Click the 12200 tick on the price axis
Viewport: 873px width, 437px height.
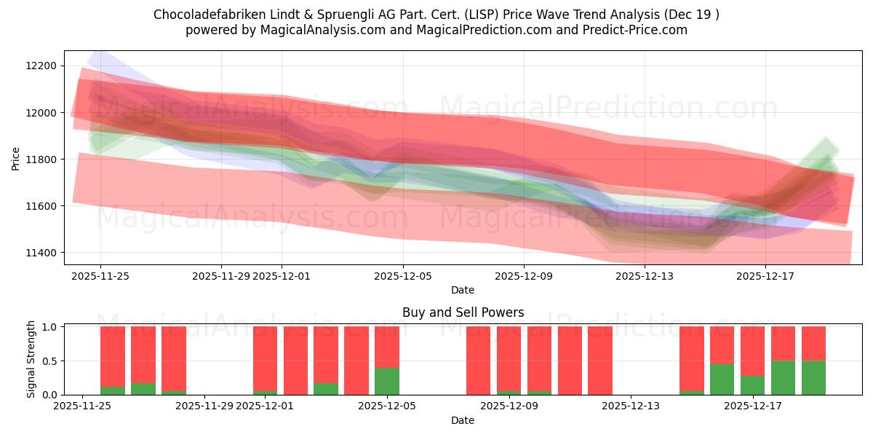(x=41, y=66)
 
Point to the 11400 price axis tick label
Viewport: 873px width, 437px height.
(x=41, y=253)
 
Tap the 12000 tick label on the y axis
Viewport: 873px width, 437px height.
(x=41, y=113)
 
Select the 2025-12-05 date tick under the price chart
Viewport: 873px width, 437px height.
(x=403, y=276)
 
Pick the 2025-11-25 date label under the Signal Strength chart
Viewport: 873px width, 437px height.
(x=82, y=406)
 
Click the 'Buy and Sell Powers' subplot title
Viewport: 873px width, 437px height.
(x=463, y=312)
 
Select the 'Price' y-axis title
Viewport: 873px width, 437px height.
(x=16, y=159)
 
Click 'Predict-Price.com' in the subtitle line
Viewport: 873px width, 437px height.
(x=638, y=30)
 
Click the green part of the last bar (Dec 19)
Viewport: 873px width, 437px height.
(x=813, y=377)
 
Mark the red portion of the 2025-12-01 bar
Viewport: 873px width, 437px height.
(x=266, y=358)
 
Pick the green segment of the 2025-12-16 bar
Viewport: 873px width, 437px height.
(x=722, y=379)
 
